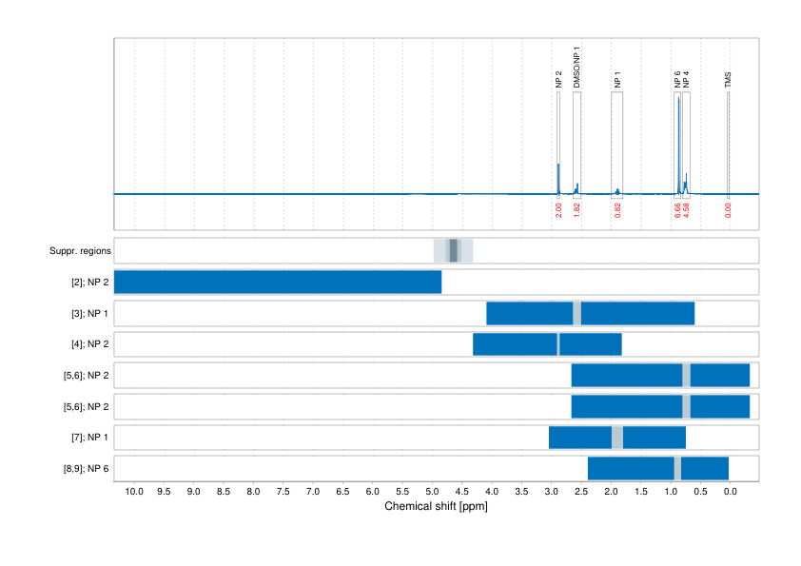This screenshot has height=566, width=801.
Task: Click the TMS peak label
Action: (x=728, y=83)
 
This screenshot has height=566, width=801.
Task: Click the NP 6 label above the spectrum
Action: (x=677, y=80)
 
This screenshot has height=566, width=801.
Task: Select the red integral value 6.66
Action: (x=677, y=210)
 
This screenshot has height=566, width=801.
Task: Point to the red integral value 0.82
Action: (x=617, y=210)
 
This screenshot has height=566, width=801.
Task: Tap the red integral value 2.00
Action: (x=558, y=210)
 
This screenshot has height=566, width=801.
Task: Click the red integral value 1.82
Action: (x=576, y=210)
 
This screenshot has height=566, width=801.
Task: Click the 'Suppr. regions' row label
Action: (x=80, y=251)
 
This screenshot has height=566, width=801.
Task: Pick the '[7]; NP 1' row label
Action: (x=87, y=438)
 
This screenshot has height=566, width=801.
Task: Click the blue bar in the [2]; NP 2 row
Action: (x=278, y=283)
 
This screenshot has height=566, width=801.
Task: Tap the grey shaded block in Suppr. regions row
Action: (x=454, y=251)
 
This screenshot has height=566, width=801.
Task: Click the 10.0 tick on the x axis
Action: (x=134, y=492)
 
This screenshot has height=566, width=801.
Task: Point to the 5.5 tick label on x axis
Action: (x=402, y=492)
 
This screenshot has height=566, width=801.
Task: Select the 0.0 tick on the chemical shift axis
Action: (x=730, y=492)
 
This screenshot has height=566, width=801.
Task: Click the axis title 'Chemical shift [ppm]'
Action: (x=436, y=507)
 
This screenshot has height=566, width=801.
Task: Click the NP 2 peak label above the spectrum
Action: (x=558, y=80)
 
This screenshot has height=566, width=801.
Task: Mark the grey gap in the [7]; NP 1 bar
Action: (x=617, y=438)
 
